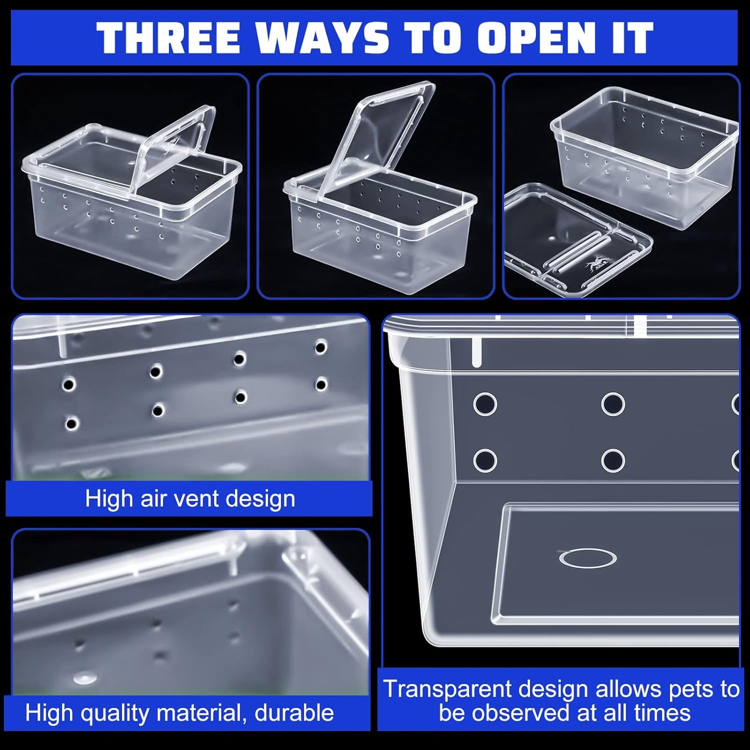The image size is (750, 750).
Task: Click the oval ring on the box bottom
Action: pyautogui.click(x=588, y=557)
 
